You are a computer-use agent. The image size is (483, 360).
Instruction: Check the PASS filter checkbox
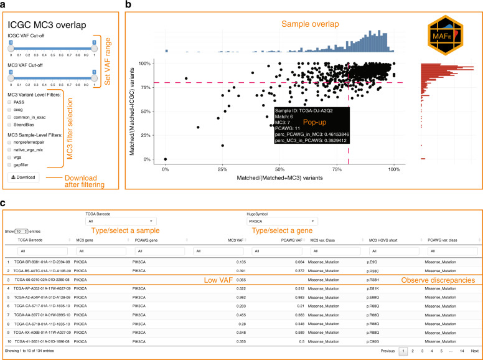11,101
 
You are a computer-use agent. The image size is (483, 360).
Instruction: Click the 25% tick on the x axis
222,169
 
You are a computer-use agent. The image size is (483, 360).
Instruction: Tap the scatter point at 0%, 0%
165,159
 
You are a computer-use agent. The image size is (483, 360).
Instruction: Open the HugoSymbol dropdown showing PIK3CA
281,221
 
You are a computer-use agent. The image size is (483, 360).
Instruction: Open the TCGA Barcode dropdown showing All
121,221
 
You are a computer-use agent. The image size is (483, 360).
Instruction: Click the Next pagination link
474,352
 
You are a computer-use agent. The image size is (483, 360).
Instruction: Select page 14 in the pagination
461,352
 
